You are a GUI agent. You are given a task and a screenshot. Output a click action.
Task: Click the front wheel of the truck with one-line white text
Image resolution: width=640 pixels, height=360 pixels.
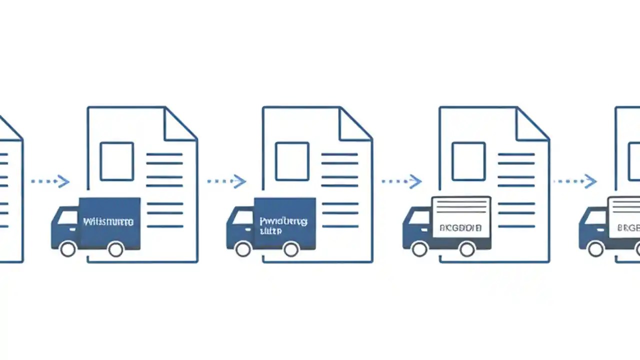[x=68, y=248]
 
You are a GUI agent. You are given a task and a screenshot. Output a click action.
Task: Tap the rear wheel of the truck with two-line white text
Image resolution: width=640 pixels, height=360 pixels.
[x=290, y=248]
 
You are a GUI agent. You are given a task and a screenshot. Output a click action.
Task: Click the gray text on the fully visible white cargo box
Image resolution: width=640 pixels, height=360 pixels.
[x=460, y=228]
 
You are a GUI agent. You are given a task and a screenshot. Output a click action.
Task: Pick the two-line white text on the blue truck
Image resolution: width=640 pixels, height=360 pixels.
[x=283, y=225]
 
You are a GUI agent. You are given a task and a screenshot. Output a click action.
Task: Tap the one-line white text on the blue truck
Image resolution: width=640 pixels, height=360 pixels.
[x=108, y=221]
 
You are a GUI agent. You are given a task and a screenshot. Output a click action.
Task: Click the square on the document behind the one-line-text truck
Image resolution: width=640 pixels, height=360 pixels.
[x=116, y=161]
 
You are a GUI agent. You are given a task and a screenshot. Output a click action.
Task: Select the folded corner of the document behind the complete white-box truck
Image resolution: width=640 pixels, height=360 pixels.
[x=533, y=125]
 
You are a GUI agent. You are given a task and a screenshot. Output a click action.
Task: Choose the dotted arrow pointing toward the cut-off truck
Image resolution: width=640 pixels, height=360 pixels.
[x=575, y=181]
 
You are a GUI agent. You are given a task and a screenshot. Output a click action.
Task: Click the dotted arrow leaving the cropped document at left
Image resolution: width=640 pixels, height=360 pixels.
[x=50, y=181]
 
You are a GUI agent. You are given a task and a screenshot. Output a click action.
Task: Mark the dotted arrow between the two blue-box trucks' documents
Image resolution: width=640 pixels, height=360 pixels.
[x=226, y=181]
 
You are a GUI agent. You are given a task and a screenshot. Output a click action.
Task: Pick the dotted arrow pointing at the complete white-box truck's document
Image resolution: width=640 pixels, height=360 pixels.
[x=401, y=181]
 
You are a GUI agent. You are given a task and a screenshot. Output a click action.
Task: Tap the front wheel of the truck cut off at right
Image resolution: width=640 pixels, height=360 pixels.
[x=595, y=248]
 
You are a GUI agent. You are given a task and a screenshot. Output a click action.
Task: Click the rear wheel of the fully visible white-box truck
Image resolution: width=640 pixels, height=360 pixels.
[x=467, y=248]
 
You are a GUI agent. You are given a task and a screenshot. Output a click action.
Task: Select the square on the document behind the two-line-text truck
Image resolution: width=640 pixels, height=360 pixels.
[x=292, y=161]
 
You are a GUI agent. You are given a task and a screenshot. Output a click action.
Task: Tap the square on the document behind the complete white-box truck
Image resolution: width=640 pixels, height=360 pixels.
[x=468, y=161]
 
